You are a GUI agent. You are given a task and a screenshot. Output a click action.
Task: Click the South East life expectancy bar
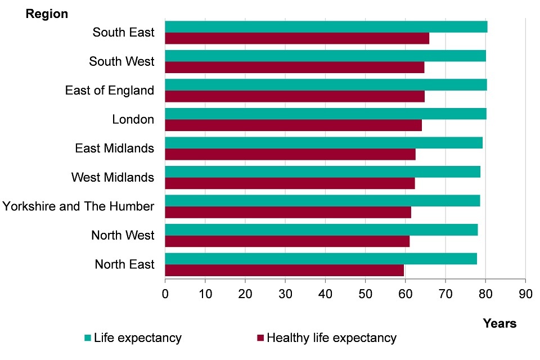(x=326, y=27)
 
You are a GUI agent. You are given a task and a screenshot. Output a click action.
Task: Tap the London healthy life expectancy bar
(x=293, y=125)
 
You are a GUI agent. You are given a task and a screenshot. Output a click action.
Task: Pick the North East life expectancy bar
(x=321, y=259)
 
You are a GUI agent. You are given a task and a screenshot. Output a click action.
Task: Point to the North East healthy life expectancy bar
(x=284, y=271)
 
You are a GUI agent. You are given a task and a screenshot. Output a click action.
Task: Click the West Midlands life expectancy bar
(x=322, y=172)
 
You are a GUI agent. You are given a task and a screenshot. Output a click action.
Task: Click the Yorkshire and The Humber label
(x=78, y=206)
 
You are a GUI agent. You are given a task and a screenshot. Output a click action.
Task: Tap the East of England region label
(x=110, y=91)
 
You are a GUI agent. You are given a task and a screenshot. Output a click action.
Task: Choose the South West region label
(x=121, y=61)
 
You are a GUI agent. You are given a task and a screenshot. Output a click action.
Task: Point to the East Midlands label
(x=114, y=148)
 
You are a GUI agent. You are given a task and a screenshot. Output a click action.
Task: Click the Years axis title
(x=499, y=323)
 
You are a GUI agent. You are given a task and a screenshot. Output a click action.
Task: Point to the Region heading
(x=47, y=14)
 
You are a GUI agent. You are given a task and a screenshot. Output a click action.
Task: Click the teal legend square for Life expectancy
(x=87, y=338)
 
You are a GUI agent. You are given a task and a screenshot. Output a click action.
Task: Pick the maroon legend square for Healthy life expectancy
(x=260, y=338)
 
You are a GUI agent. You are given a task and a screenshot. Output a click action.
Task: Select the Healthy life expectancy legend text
(x=331, y=338)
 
